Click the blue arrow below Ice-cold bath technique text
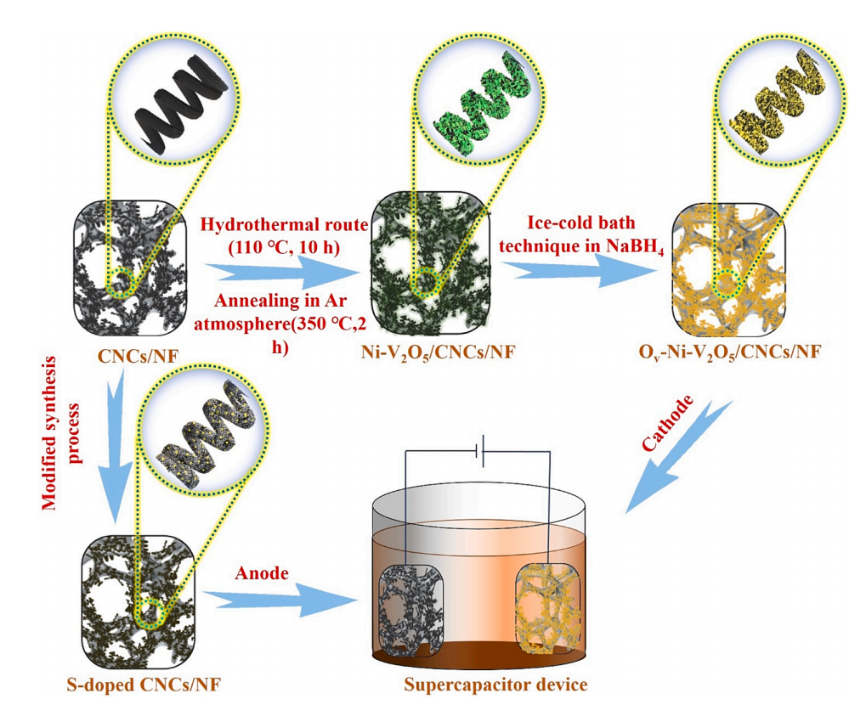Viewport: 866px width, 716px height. click(x=578, y=271)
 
